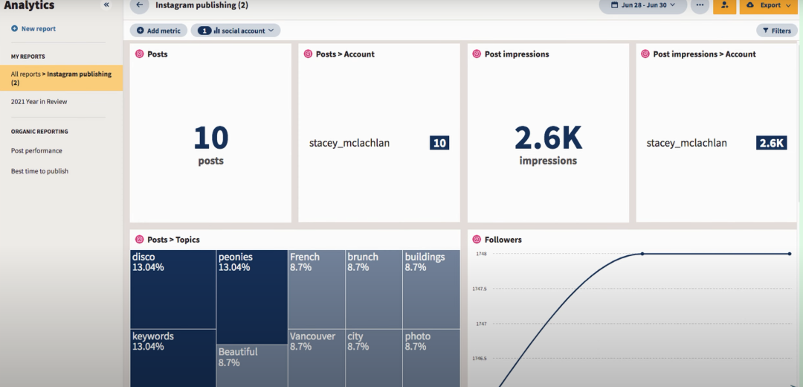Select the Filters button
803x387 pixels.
click(776, 31)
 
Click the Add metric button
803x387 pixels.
click(158, 31)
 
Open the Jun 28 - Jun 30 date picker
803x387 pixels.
click(642, 5)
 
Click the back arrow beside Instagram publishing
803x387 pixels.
click(139, 5)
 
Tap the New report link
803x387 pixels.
click(33, 29)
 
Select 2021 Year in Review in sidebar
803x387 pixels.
click(39, 102)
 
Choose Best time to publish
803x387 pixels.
click(39, 171)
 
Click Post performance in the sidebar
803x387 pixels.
click(36, 151)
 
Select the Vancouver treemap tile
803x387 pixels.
click(316, 357)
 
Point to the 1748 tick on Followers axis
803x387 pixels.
click(482, 254)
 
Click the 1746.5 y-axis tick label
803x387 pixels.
click(480, 359)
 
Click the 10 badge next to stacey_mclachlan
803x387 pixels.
click(439, 143)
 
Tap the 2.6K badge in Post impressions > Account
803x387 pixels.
click(771, 143)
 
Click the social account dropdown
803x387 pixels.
click(236, 31)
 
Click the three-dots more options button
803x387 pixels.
click(700, 5)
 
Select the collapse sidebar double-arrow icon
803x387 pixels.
click(106, 5)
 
